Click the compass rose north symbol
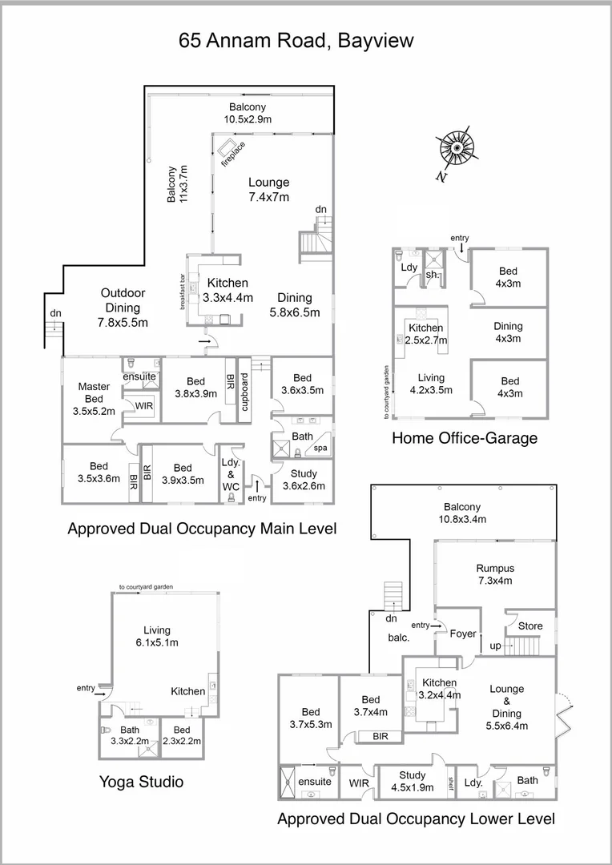coord(455,150)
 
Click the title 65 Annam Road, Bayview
coord(296,41)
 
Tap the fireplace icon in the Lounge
coord(228,148)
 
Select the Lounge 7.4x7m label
coord(268,189)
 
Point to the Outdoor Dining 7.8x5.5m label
coord(122,308)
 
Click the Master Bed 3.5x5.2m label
coord(94,399)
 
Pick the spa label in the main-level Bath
coord(320,448)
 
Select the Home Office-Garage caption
coord(464,438)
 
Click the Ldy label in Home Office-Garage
coord(409,267)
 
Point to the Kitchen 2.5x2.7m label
coord(426,334)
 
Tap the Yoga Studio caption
coord(141,781)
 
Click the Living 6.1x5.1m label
coord(157,636)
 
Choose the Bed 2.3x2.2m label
coord(182,735)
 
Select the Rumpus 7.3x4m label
coord(494,574)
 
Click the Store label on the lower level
coord(530,626)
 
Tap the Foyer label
coord(463,634)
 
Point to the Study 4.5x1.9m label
coord(413,781)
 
